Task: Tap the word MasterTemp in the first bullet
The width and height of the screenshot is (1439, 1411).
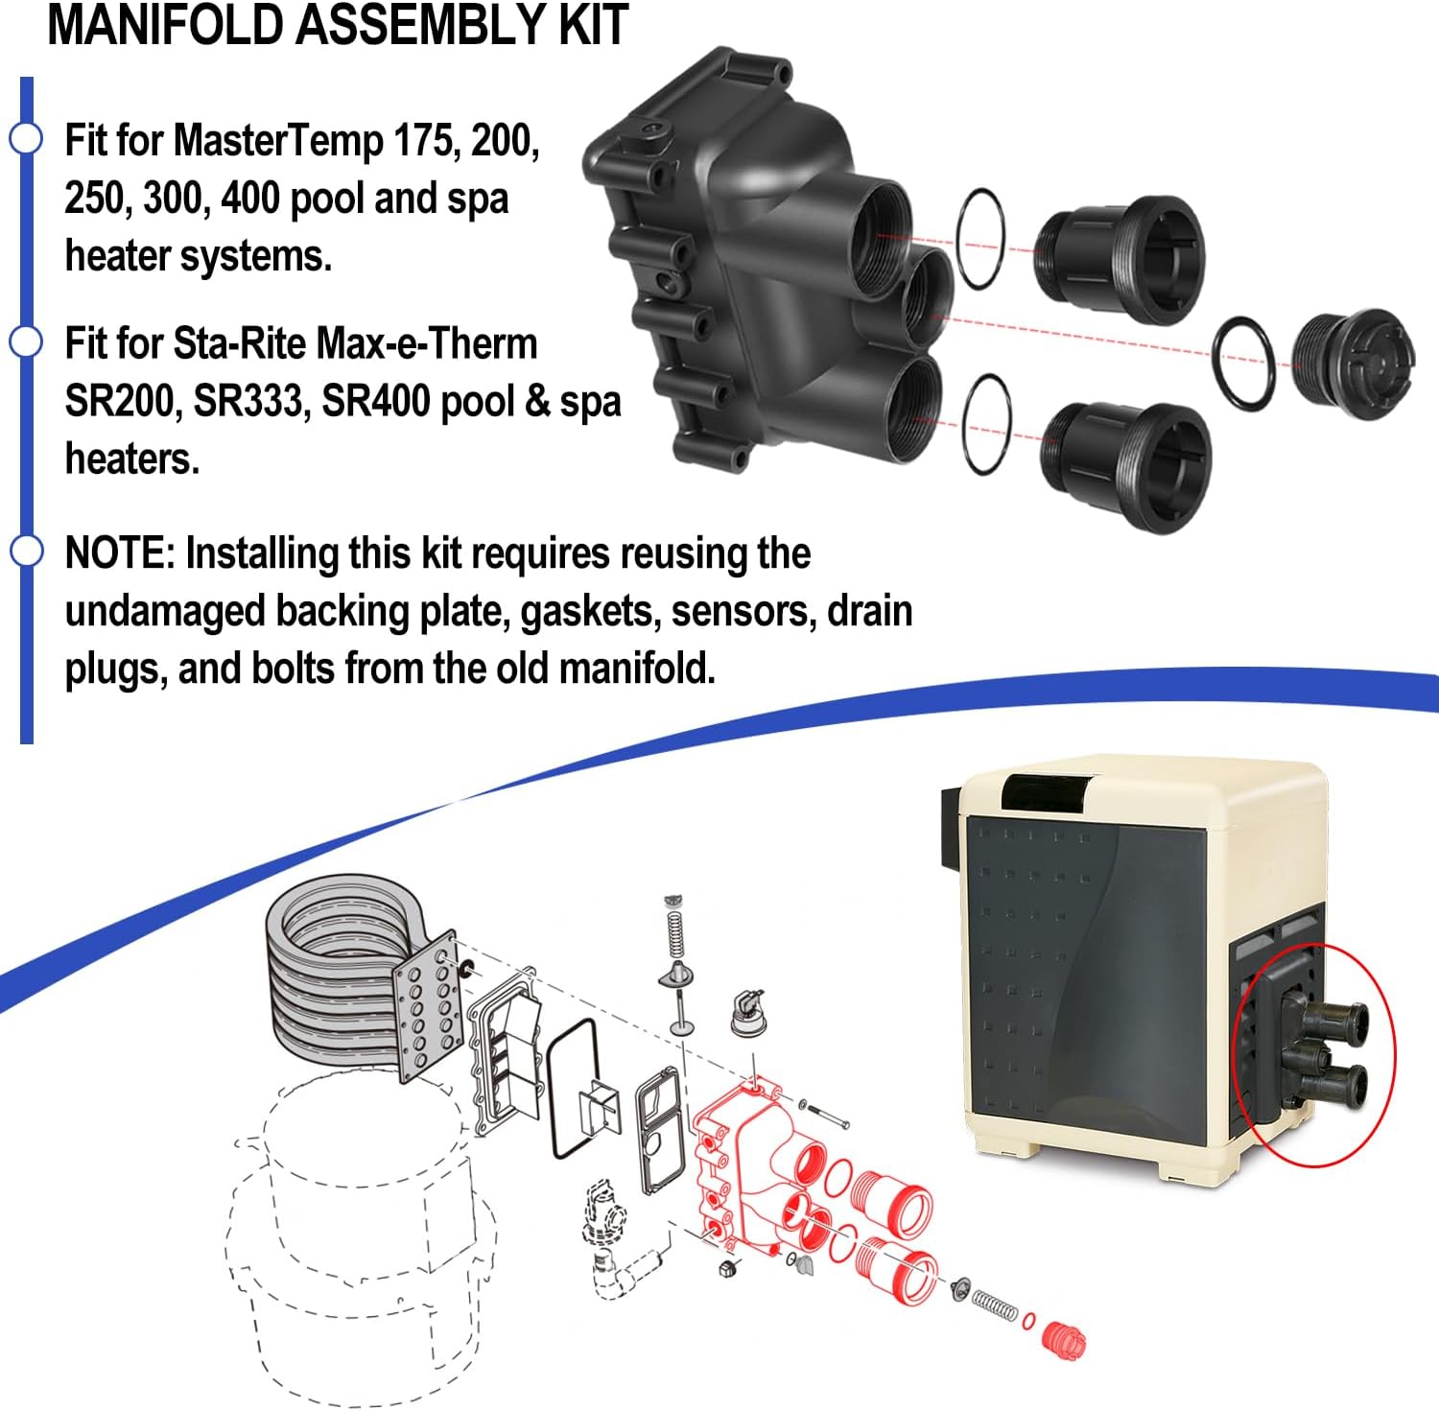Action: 278,141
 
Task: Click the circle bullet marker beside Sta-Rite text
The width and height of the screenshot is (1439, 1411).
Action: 26,341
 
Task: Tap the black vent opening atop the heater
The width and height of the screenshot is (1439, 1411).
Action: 1046,790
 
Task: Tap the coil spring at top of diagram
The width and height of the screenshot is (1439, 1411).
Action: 675,930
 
